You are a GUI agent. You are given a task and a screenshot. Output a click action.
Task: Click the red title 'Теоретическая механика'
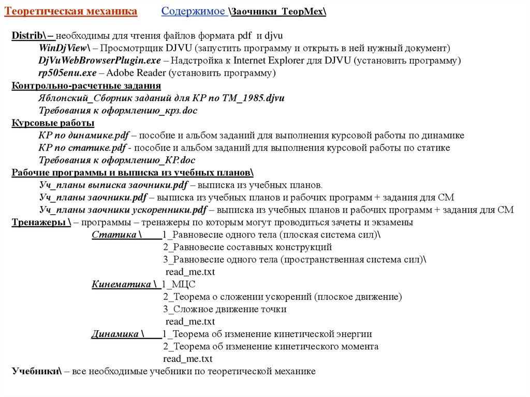tap(71, 11)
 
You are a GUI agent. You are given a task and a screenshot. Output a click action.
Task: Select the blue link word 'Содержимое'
tap(193, 11)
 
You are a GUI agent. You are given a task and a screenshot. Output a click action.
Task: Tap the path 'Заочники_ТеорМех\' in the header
tap(278, 12)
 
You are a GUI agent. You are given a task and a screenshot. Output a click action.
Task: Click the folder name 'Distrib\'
tap(30, 36)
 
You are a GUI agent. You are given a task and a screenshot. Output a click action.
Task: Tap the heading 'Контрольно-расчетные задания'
tap(86, 86)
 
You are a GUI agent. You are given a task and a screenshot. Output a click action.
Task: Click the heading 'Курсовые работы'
tap(53, 123)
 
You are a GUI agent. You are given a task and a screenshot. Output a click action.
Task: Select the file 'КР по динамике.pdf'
tap(84, 136)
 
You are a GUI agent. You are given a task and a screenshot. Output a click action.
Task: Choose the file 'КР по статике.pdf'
tap(82, 148)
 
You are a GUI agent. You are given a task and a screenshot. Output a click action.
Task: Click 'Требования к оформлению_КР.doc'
tap(117, 160)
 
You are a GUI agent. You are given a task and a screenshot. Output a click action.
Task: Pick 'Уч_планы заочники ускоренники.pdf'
tap(123, 210)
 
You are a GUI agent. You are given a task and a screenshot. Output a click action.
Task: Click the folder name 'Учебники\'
tap(37, 372)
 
